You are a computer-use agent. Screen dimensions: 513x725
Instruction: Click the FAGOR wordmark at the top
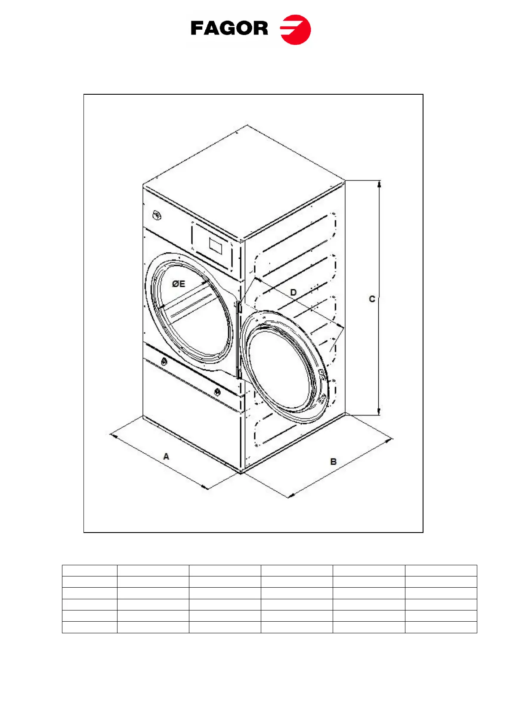click(x=229, y=28)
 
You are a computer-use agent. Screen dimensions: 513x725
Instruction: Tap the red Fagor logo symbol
click(x=295, y=29)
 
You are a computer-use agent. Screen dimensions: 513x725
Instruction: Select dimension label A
click(x=166, y=456)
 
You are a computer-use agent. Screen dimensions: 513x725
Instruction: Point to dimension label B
click(x=333, y=462)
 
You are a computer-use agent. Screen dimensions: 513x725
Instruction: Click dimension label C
click(x=372, y=299)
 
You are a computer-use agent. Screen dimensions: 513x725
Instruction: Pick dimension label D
click(x=293, y=292)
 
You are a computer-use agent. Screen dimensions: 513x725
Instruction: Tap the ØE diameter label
click(x=178, y=284)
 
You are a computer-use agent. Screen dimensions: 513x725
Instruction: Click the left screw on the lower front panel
click(x=164, y=362)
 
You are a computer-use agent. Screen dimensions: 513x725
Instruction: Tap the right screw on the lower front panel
click(x=217, y=392)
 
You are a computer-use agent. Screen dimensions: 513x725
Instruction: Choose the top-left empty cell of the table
click(x=90, y=570)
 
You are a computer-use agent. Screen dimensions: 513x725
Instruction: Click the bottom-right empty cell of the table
click(x=441, y=627)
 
